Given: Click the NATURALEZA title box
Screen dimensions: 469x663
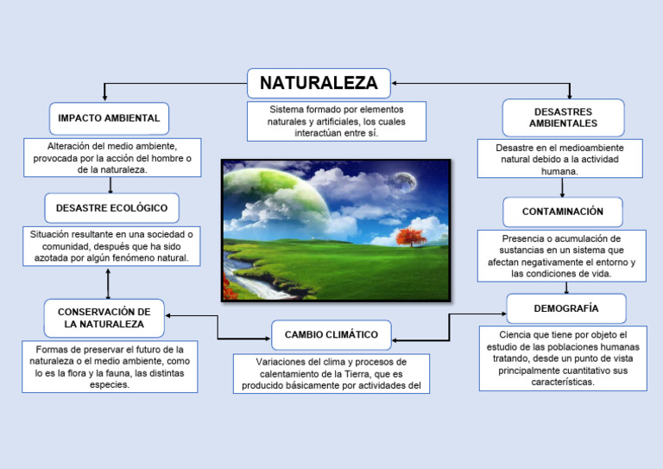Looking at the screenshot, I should point(319,84).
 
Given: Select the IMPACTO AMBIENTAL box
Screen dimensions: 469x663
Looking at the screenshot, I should point(109,118).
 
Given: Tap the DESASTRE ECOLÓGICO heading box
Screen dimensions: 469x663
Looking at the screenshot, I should point(111,208).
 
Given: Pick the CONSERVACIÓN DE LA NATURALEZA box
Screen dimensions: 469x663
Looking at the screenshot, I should point(104,318).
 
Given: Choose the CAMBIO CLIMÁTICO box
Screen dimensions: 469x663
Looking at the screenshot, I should point(331,334).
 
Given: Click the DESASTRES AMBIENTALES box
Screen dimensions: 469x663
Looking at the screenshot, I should point(563,117).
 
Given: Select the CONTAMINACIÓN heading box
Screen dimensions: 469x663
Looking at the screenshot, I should point(562,212).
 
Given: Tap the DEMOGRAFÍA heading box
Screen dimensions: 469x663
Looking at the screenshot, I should point(565,308).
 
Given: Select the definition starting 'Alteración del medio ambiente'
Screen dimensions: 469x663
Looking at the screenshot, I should point(112,158).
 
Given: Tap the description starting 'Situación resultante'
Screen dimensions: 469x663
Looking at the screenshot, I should point(110,246).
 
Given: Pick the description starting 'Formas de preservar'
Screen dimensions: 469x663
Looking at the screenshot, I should point(110,367).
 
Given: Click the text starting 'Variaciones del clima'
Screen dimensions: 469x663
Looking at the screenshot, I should point(331,373).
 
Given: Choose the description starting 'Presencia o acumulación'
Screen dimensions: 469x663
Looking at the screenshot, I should point(561,256).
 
